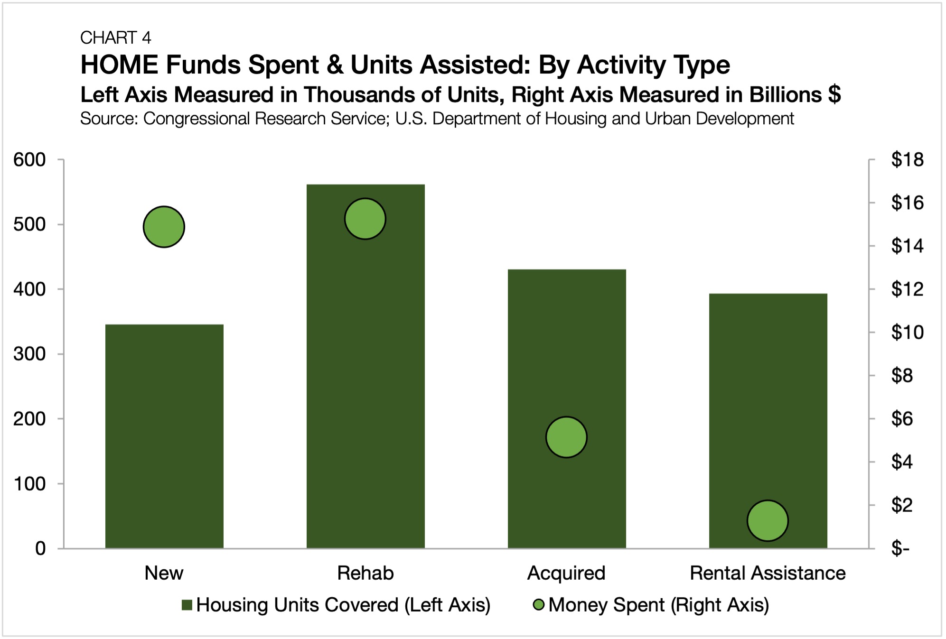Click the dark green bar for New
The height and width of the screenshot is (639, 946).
[164, 436]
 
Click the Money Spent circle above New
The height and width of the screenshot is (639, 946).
[164, 227]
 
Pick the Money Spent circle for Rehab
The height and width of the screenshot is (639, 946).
[365, 219]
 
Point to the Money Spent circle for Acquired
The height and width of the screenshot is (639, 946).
[566, 437]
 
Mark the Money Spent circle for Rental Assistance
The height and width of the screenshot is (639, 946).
[768, 520]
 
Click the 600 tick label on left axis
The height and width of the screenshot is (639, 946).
[29, 160]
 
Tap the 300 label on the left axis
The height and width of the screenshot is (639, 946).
[29, 354]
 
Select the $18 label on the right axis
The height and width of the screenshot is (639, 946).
[907, 160]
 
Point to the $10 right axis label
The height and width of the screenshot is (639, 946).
[907, 333]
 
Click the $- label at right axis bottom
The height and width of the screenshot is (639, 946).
[900, 548]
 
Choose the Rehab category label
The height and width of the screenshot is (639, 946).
[365, 573]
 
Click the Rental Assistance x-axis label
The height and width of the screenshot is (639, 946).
[768, 573]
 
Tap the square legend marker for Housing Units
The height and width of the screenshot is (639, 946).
[187, 605]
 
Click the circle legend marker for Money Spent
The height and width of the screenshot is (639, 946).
[539, 605]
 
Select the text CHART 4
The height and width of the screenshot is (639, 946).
[115, 37]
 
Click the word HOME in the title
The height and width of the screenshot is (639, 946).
[119, 65]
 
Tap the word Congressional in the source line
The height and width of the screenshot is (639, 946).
[197, 119]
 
